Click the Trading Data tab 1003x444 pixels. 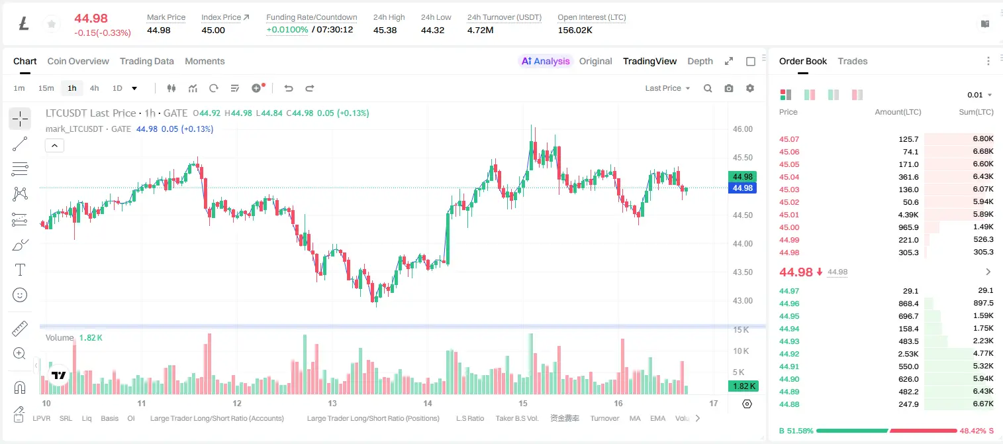(x=146, y=61)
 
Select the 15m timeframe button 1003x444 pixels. (x=46, y=88)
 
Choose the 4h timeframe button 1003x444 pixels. (x=94, y=88)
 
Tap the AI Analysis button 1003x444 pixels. (x=546, y=61)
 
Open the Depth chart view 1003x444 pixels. (x=700, y=61)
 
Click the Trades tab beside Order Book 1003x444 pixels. (x=853, y=61)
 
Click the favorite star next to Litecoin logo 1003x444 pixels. (x=52, y=24)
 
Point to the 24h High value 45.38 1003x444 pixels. (x=385, y=30)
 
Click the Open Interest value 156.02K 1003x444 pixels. (x=575, y=30)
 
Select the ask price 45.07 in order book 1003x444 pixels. (x=789, y=139)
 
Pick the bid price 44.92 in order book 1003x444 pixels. (x=789, y=354)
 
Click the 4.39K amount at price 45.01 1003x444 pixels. (x=908, y=215)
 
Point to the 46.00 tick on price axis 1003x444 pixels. (x=742, y=129)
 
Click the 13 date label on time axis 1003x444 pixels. (x=332, y=403)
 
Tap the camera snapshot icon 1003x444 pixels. (x=729, y=88)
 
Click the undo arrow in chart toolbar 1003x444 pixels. (x=289, y=88)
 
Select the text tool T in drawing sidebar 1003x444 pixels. (x=20, y=270)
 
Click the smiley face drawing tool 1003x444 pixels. (x=20, y=295)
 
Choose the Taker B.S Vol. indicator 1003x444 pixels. (x=516, y=418)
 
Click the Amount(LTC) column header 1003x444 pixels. (x=898, y=112)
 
